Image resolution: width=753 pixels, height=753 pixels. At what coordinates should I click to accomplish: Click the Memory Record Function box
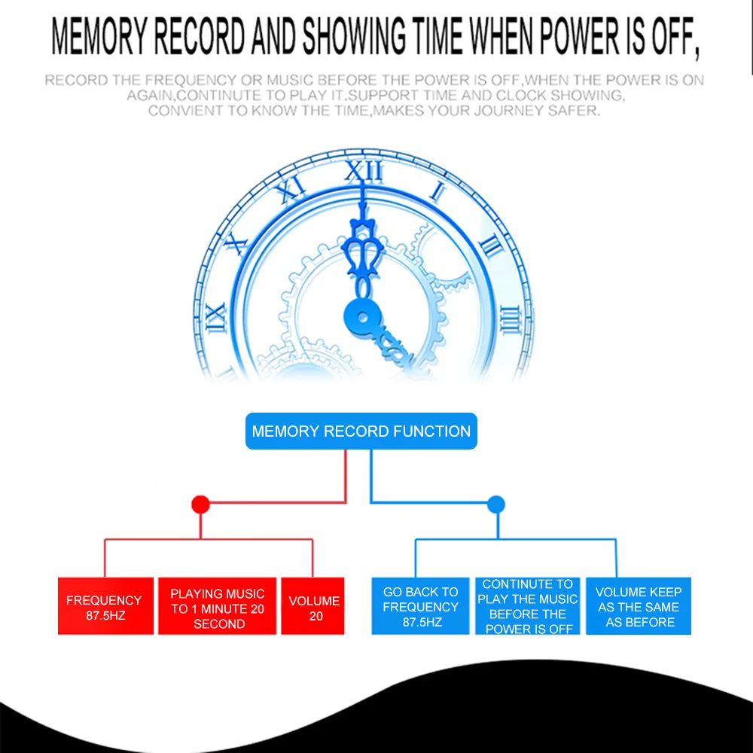(x=361, y=431)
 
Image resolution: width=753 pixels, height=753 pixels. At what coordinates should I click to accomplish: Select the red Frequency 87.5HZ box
(x=105, y=605)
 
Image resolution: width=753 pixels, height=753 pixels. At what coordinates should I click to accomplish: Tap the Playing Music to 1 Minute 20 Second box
(x=217, y=605)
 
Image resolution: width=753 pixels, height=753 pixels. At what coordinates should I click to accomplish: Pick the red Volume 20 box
(x=312, y=605)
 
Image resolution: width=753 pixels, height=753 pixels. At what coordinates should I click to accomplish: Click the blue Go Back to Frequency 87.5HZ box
(x=420, y=605)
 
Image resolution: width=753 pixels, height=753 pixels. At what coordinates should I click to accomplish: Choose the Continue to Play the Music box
(x=528, y=605)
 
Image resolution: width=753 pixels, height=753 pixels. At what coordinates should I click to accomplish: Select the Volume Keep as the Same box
(x=639, y=605)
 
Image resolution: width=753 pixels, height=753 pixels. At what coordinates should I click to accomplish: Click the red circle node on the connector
(x=201, y=505)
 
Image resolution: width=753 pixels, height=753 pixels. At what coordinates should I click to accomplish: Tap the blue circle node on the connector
(x=496, y=505)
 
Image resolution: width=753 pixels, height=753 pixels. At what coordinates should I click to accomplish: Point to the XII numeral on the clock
(x=364, y=172)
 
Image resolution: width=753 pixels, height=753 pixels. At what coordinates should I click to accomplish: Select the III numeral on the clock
(x=510, y=319)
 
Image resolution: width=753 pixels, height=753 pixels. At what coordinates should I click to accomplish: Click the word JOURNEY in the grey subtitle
(x=508, y=111)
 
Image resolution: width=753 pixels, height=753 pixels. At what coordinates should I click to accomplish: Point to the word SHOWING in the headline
(x=354, y=36)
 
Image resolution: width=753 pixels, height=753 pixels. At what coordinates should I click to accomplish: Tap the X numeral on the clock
(x=236, y=242)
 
